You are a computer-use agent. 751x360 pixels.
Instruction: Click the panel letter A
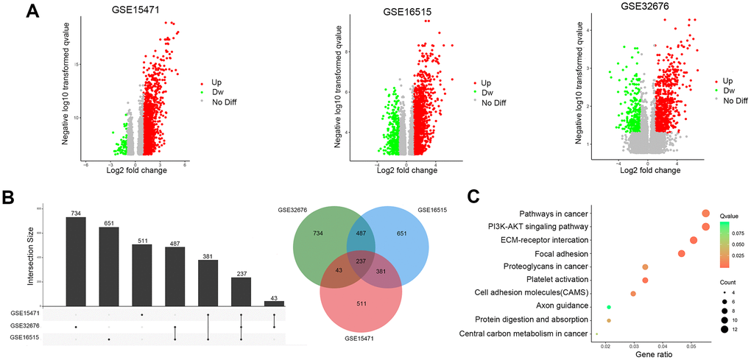click(33, 11)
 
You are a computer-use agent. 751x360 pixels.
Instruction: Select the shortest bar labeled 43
click(274, 303)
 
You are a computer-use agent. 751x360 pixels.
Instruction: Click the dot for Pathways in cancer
click(705, 213)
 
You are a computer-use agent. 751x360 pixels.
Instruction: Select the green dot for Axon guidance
click(609, 306)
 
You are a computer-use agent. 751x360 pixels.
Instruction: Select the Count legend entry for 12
click(726, 329)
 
